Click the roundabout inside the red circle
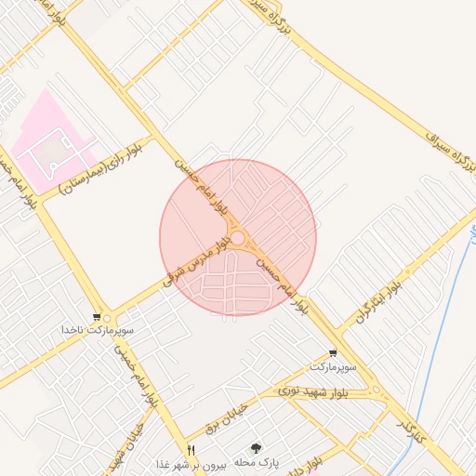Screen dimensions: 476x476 238,239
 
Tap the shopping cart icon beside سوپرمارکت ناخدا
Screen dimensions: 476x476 97,317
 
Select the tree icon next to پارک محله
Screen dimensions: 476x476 257,448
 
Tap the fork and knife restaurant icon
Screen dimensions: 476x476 192,450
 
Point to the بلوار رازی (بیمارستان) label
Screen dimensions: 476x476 100,166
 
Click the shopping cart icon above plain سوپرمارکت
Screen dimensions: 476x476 333,352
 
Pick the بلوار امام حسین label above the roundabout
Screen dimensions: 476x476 200,187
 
